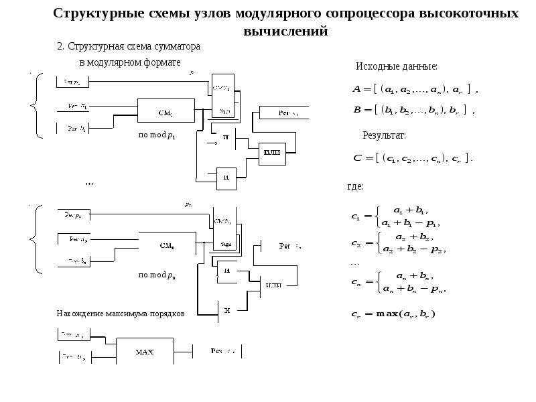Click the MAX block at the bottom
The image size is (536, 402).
(x=145, y=350)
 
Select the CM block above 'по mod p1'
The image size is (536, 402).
(x=165, y=112)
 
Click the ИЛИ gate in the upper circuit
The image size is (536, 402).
(x=271, y=153)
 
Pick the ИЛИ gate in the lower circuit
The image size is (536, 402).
(x=273, y=285)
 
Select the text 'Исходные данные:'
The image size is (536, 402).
(x=396, y=67)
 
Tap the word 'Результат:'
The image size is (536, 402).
(x=384, y=136)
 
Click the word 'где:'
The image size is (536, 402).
(x=355, y=186)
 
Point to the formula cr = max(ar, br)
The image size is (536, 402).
(x=393, y=314)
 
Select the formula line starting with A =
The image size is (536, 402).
(x=415, y=89)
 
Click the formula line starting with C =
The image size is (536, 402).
(x=412, y=158)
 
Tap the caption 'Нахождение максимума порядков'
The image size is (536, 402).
(x=120, y=314)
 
